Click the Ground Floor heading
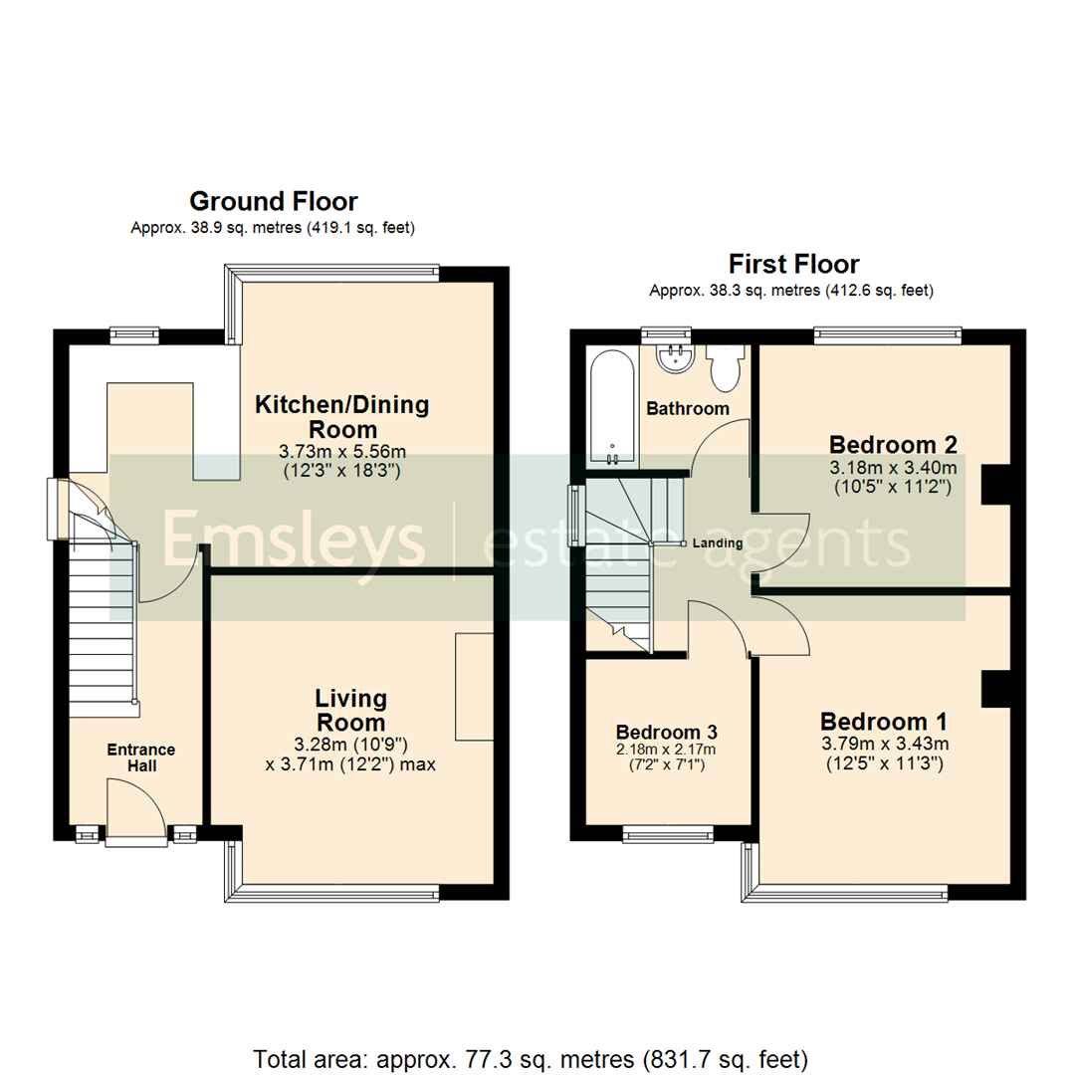(273, 202)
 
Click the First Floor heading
(793, 264)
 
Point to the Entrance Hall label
(141, 757)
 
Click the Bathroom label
(688, 408)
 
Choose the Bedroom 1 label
(884, 721)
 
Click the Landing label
(718, 543)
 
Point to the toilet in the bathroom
(723, 367)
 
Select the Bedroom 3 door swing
(720, 627)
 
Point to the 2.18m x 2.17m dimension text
(667, 750)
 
